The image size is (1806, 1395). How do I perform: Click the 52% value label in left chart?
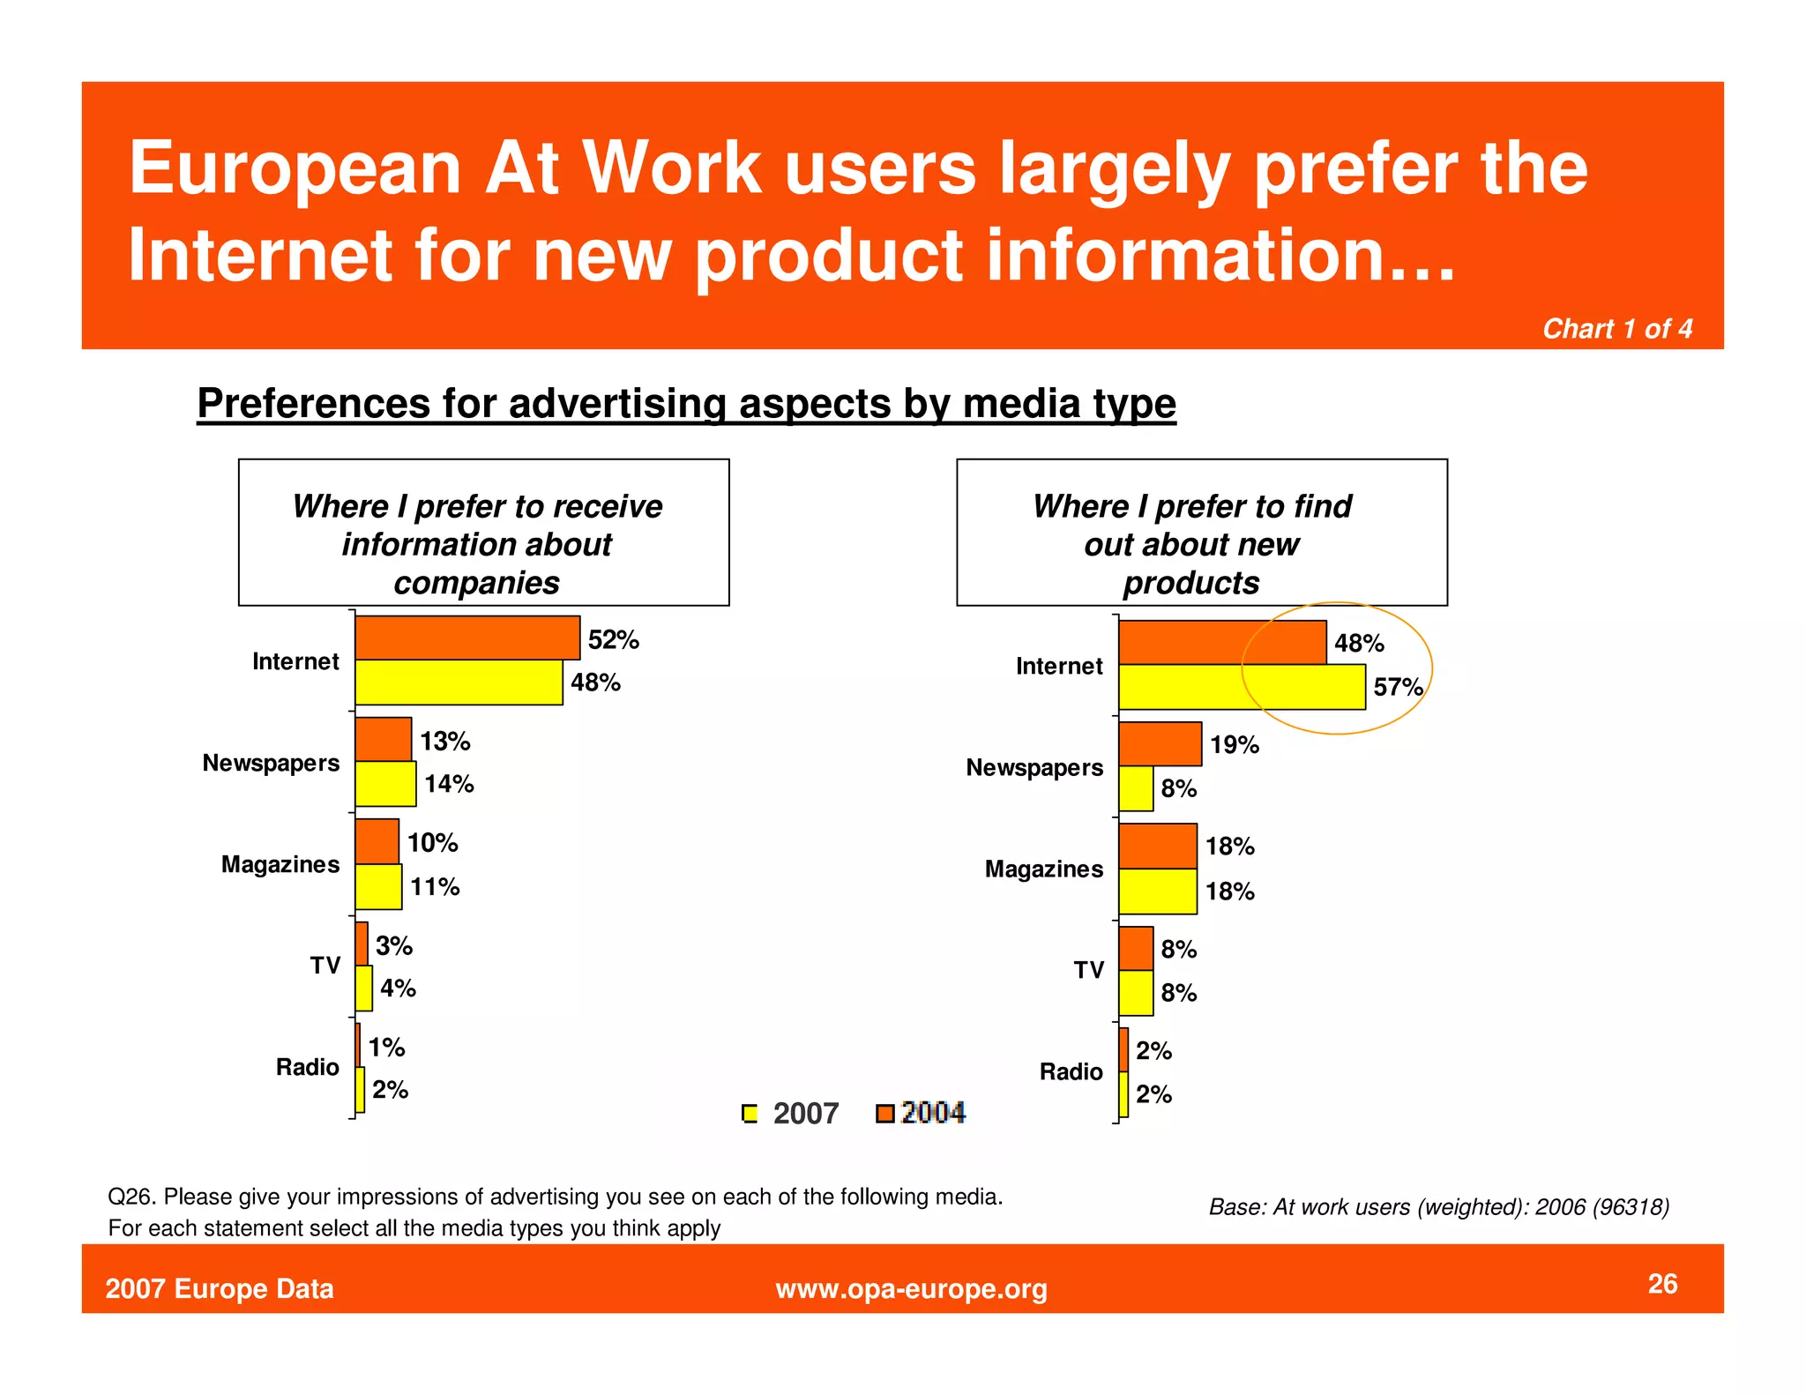point(613,639)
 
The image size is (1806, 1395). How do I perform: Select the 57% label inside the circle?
point(1397,687)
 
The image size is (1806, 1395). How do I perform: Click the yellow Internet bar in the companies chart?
point(459,683)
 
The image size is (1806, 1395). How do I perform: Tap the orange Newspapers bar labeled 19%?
point(1160,744)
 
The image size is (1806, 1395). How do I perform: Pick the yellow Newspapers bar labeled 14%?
point(385,784)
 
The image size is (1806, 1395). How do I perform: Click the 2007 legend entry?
point(791,1113)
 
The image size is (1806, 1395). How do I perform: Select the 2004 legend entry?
point(922,1113)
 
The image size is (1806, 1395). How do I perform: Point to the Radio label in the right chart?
point(1071,1071)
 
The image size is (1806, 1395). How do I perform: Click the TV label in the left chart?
point(325,966)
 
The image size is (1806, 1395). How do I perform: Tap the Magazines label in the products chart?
point(1043,869)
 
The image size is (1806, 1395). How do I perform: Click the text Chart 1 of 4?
point(1616,329)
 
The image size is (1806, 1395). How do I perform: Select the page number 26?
point(1662,1283)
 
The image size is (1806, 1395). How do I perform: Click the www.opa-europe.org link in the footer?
point(911,1288)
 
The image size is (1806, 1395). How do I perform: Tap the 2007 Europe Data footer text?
point(220,1288)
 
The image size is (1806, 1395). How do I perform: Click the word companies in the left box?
point(476,583)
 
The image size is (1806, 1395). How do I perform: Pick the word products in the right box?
point(1190,583)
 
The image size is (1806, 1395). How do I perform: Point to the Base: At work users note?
point(1438,1206)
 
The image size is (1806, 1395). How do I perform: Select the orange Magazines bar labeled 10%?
point(377,842)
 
